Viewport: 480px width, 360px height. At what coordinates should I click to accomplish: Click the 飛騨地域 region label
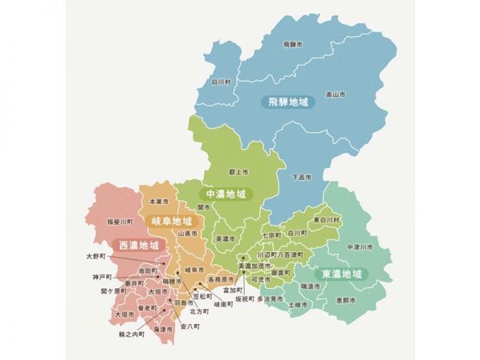pos(287,102)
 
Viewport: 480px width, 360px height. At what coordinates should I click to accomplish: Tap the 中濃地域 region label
pos(226,194)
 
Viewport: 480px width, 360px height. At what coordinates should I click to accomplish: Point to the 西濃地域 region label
pos(139,244)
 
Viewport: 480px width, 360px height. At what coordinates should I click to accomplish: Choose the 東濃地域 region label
pos(342,274)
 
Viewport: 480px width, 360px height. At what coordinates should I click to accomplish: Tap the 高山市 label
pos(336,94)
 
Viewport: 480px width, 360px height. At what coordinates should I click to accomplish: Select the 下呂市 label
pos(301,175)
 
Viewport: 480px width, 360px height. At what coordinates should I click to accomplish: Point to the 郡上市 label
pos(238,171)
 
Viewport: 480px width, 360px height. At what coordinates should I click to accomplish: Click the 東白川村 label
pos(327,219)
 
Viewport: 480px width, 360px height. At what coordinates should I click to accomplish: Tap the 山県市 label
pos(188,233)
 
